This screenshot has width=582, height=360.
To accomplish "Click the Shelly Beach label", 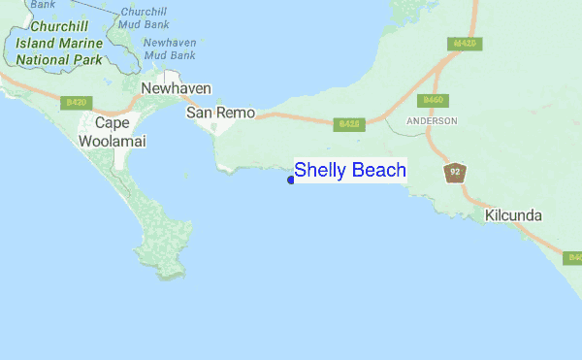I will pyautogui.click(x=349, y=170).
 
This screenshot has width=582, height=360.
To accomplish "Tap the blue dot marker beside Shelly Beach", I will pyautogui.click(x=291, y=179).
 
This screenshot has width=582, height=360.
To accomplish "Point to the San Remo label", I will pyautogui.click(x=220, y=113).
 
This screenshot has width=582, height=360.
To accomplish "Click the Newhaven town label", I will pyautogui.click(x=176, y=88).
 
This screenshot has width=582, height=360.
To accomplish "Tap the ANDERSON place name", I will pyautogui.click(x=431, y=120).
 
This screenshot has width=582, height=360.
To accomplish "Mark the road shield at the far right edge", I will pyautogui.click(x=573, y=257).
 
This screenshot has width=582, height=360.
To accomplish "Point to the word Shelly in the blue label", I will pyautogui.click(x=321, y=170).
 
